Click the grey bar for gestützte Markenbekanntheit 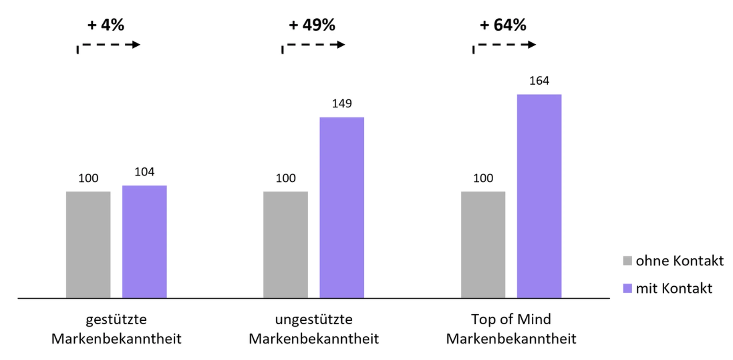tap(88, 244)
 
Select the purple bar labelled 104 tap(144, 241)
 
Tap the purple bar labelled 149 tap(342, 207)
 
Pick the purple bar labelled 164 tap(539, 196)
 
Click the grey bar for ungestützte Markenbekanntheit tap(286, 244)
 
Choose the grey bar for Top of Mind tap(483, 244)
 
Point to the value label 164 tap(539, 81)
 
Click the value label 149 tap(342, 103)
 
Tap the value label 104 tap(144, 172)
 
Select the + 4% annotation tap(106, 25)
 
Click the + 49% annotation tap(312, 25)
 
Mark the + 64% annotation tap(503, 25)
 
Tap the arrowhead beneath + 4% tap(136, 45)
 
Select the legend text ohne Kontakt tap(680, 261)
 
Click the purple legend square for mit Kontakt tap(627, 288)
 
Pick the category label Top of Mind tap(511, 319)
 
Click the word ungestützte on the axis tap(313, 319)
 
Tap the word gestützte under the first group tap(116, 319)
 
